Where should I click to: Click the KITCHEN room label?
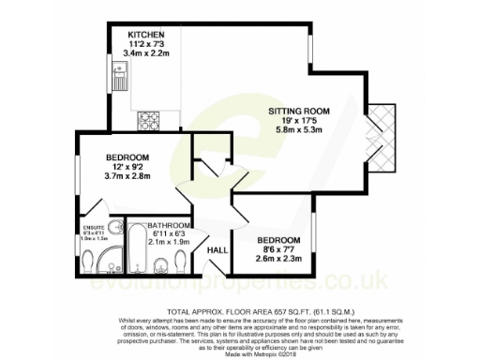point(146,34)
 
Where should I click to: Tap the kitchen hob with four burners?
point(147,120)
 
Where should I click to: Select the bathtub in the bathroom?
point(137,247)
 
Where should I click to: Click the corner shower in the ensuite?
point(113,229)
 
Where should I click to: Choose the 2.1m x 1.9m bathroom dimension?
point(172,242)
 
